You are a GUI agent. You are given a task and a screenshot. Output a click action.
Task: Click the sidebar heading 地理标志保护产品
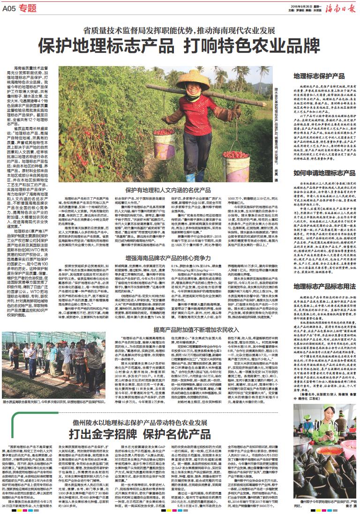tap(319, 75)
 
